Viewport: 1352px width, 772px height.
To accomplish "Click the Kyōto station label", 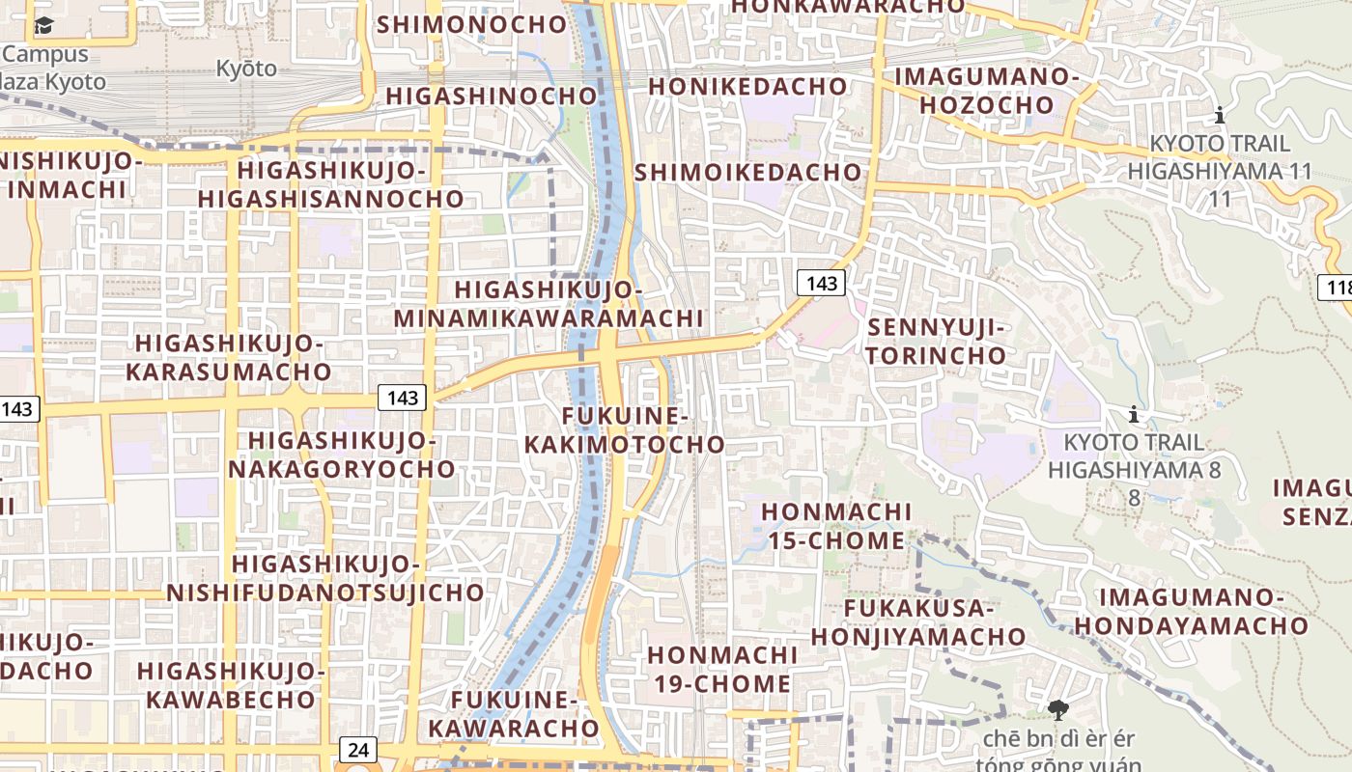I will [246, 69].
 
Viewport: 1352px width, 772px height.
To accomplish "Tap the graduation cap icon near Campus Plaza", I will [44, 26].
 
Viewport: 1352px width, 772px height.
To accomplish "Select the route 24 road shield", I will [357, 749].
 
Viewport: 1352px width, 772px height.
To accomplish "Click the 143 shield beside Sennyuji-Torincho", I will [821, 283].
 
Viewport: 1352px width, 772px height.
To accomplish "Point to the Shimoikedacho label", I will [747, 172].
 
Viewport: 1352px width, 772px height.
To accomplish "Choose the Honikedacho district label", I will [747, 86].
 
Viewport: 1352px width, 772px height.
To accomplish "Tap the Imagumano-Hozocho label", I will [986, 90].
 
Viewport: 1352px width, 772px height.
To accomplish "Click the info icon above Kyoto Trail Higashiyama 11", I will [1220, 116].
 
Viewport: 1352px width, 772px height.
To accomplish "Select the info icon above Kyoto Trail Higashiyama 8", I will [1134, 415].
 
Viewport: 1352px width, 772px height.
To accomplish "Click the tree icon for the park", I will [1058, 710].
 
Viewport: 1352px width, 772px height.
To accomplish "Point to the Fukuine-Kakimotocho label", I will [642, 429].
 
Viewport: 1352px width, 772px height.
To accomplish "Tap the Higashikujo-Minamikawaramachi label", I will [549, 304].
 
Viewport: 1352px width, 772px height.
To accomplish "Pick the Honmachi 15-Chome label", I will [836, 525].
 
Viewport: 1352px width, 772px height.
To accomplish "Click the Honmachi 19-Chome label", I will [722, 669].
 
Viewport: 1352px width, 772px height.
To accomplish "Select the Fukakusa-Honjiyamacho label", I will [918, 622].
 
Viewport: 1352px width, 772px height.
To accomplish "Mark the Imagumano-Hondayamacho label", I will [1192, 611].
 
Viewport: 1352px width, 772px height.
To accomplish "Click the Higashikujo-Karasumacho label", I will [228, 357].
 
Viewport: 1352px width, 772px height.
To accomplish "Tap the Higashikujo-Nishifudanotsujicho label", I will [325, 577].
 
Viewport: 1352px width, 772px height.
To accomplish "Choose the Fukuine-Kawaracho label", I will [514, 713].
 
